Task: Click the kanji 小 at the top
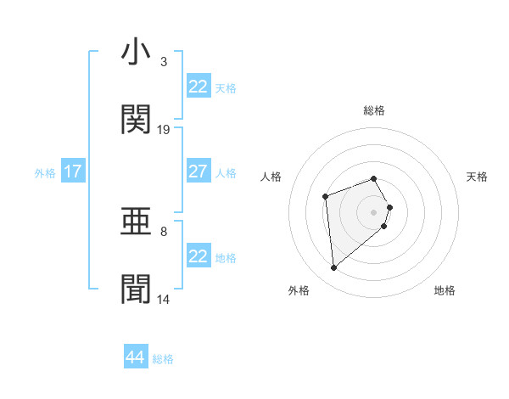(137, 53)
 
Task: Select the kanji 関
(137, 120)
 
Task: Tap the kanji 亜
(137, 222)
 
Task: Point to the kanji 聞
(137, 289)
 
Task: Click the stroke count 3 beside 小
(164, 62)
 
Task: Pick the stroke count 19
(164, 129)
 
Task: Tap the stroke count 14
(164, 299)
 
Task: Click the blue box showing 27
(198, 171)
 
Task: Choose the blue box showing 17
(73, 171)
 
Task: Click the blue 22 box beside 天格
(198, 87)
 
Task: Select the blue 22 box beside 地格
(198, 256)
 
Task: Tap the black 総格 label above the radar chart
(374, 110)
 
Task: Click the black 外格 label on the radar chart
(299, 290)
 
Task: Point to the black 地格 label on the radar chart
(445, 290)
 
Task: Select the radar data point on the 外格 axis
(334, 268)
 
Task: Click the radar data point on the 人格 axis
(326, 197)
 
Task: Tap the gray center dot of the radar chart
(374, 211)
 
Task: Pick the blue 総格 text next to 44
(163, 359)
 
